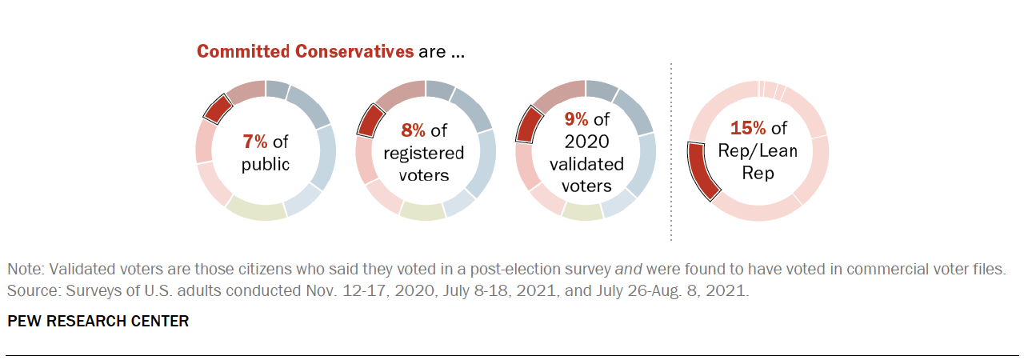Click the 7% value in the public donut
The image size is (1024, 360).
click(x=255, y=142)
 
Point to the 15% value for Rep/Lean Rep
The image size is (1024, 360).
click(x=746, y=129)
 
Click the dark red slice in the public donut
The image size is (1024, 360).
click(x=214, y=108)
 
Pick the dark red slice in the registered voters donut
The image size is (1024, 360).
click(x=369, y=120)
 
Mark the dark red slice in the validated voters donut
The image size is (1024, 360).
click(x=529, y=124)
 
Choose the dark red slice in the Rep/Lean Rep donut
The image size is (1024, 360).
click(x=703, y=170)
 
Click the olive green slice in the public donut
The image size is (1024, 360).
click(x=256, y=210)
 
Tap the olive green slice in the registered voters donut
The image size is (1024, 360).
click(x=422, y=210)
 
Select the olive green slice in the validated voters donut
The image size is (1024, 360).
click(x=582, y=210)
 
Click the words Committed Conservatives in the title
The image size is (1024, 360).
click(x=305, y=53)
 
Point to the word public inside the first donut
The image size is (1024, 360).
click(x=266, y=166)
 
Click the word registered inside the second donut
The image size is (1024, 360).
click(x=424, y=153)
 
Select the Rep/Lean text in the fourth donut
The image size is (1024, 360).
click(x=758, y=150)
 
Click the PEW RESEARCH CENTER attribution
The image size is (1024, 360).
click(x=98, y=321)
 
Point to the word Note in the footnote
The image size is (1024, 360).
click(x=24, y=269)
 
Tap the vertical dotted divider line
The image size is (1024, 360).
click(x=670, y=152)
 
